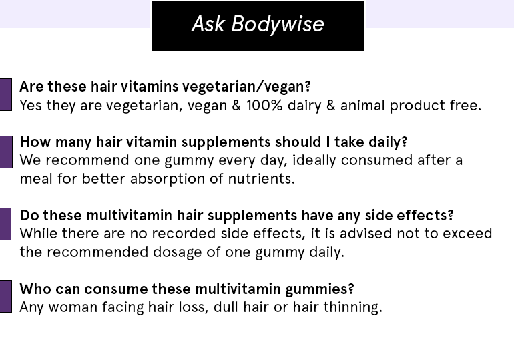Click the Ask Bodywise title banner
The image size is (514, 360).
click(258, 26)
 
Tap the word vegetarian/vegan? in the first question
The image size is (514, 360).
click(246, 87)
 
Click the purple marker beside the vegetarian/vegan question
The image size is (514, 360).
click(6, 94)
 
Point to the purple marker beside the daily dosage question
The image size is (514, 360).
click(6, 152)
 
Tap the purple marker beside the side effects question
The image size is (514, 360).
click(5, 224)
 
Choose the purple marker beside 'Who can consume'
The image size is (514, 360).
click(6, 296)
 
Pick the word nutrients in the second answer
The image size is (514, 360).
click(261, 179)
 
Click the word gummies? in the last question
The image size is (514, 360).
click(320, 289)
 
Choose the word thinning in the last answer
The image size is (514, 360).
click(352, 307)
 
